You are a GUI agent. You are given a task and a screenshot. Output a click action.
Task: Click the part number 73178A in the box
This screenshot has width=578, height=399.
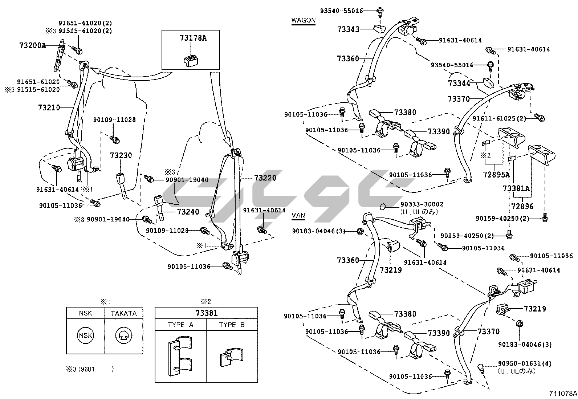[x=193, y=38]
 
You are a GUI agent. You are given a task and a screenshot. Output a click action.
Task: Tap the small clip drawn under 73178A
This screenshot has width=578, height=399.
[x=190, y=61]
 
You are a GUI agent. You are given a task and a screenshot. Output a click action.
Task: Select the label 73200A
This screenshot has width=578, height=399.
[x=33, y=45]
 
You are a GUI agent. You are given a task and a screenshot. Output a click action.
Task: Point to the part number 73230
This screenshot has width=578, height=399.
[x=121, y=155]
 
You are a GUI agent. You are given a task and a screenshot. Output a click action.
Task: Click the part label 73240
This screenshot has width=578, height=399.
[x=188, y=212]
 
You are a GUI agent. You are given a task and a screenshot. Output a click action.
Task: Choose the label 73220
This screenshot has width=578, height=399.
[x=265, y=178]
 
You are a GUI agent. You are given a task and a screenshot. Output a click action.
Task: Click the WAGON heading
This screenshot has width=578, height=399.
[x=304, y=20]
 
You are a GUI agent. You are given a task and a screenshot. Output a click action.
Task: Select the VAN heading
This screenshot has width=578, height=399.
[x=298, y=216]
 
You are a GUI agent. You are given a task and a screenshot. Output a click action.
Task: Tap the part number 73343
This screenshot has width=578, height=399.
[x=348, y=29]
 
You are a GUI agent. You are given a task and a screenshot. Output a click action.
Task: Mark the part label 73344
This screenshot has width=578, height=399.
[x=459, y=84]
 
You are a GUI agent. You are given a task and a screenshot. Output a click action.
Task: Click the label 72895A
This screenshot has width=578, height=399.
[x=496, y=174]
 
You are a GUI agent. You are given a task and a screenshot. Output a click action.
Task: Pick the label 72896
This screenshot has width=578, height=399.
[x=522, y=206]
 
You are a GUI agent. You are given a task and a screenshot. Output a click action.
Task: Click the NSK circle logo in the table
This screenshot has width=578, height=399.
[x=85, y=336]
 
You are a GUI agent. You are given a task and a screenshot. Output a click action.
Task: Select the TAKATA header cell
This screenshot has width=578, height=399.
[x=123, y=313]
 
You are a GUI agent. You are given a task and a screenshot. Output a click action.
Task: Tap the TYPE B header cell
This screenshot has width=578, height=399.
[x=232, y=325]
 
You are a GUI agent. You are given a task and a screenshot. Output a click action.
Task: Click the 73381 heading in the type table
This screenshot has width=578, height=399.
[x=206, y=313]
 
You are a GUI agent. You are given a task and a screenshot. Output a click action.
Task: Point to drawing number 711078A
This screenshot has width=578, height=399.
[x=563, y=393]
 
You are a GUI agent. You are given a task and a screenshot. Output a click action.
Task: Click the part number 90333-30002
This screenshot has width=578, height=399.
[x=422, y=205]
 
